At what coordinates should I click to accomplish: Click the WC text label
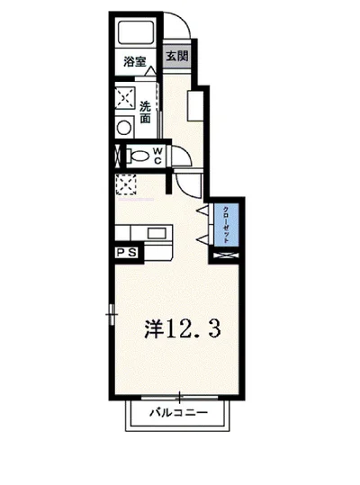coord(157,156)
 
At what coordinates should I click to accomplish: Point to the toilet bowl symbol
coord(135,156)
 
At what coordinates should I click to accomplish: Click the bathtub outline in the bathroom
coord(139,35)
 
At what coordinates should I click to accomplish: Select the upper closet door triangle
coord(204,212)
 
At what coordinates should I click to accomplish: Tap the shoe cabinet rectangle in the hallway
coord(193,103)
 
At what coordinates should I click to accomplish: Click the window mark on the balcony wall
coord(179,397)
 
